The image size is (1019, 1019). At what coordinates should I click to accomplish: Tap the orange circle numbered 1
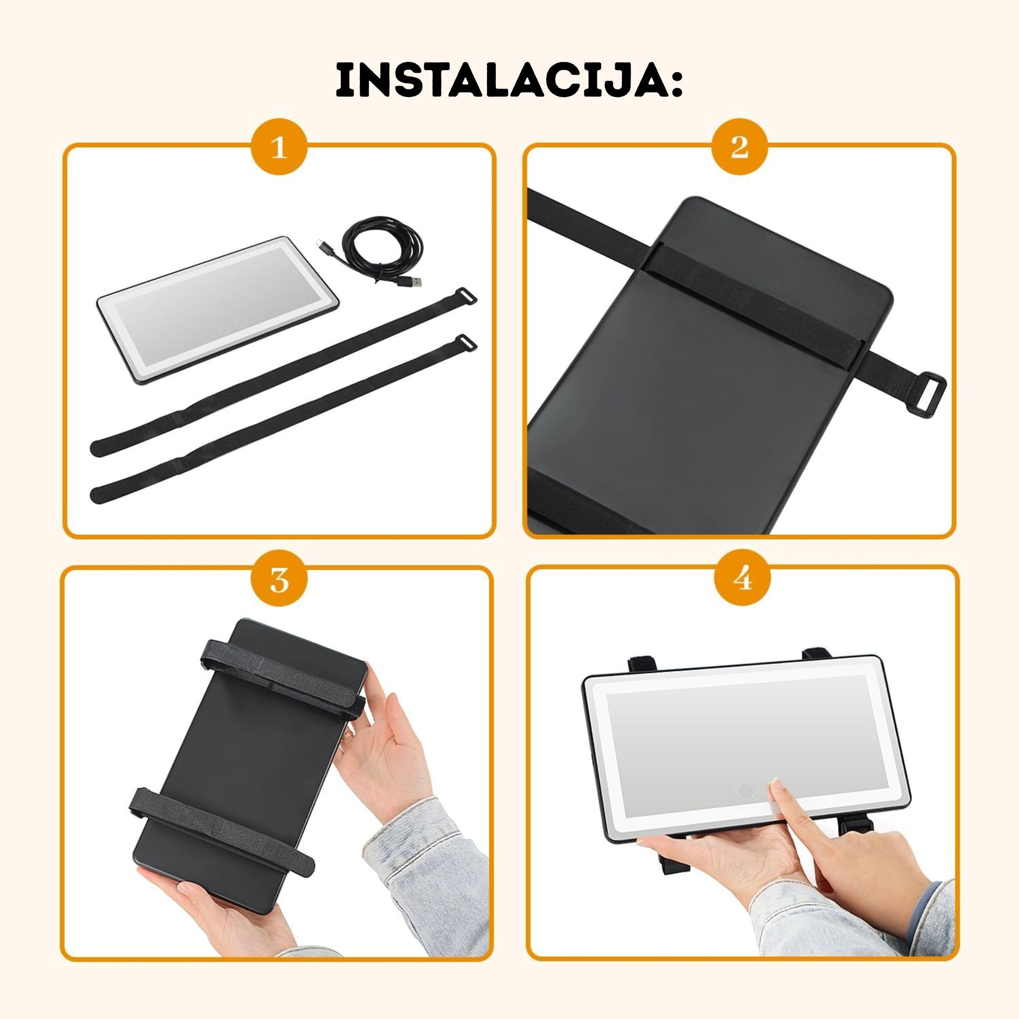[x=279, y=147]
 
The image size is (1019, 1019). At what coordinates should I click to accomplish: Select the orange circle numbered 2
[x=739, y=147]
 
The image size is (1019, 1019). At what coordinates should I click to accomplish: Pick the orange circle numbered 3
[x=279, y=578]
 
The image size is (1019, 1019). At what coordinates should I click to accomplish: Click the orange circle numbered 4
[x=742, y=578]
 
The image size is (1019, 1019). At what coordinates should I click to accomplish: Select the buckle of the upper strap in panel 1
[x=465, y=296]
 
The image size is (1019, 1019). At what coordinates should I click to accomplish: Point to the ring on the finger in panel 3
[x=347, y=735]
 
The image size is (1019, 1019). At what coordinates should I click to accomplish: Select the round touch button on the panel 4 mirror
[x=745, y=805]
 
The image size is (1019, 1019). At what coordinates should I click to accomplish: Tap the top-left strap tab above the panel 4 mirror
[x=642, y=664]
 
